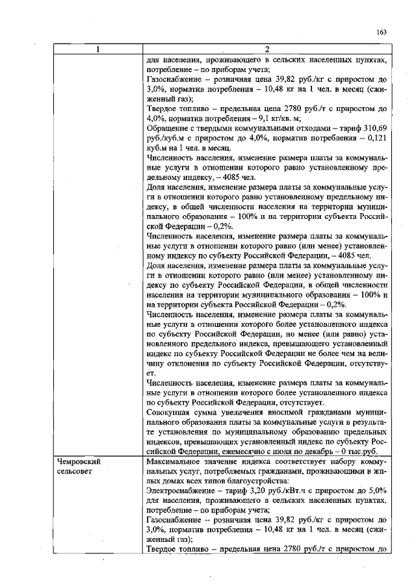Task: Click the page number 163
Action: (382, 32)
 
